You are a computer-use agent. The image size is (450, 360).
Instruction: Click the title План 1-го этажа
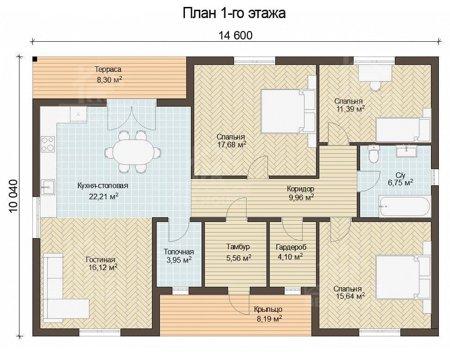(234, 13)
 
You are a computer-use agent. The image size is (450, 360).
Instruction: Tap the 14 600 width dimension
(235, 35)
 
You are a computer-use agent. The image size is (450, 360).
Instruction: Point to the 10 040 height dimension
(13, 196)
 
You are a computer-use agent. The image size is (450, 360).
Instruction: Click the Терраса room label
(108, 69)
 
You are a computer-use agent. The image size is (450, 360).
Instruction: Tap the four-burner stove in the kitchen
(48, 144)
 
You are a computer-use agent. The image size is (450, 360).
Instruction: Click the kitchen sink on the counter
(48, 187)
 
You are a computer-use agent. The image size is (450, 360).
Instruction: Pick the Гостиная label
(101, 259)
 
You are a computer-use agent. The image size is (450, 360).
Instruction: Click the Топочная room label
(178, 252)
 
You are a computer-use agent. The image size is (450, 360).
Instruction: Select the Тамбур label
(238, 246)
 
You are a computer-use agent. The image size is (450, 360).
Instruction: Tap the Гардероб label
(291, 246)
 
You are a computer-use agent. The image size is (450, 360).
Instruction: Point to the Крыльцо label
(268, 309)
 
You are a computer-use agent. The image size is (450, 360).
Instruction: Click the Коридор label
(300, 189)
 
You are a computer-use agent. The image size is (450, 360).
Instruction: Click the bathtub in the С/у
(405, 206)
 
